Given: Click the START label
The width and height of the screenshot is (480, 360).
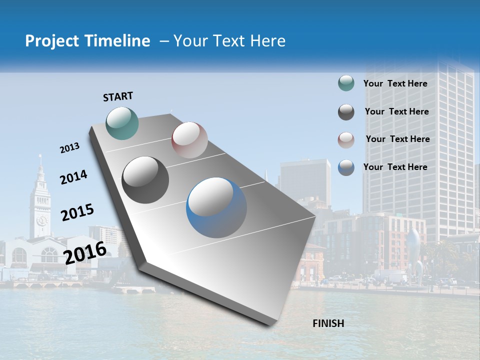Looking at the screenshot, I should click(x=118, y=96).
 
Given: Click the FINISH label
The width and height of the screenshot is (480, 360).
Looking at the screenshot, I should click(x=328, y=323).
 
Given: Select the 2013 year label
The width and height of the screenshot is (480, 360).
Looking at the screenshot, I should click(x=69, y=148).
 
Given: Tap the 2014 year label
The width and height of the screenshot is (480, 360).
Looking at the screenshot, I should click(x=73, y=177).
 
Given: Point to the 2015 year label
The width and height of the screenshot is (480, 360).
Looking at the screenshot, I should click(x=77, y=212).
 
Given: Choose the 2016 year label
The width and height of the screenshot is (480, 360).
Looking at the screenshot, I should click(x=85, y=253).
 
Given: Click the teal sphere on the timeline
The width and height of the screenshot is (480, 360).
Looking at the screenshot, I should click(x=122, y=123).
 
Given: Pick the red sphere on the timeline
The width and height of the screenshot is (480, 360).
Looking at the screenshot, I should click(x=189, y=140).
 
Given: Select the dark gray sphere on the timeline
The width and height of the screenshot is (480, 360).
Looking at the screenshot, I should click(x=145, y=180).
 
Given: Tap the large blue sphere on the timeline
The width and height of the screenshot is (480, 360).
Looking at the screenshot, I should click(x=216, y=207).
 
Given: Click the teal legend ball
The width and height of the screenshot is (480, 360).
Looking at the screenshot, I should click(x=346, y=83).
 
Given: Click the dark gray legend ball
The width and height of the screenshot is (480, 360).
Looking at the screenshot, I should click(x=346, y=112).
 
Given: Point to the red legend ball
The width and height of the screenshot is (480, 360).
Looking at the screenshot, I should click(x=346, y=139).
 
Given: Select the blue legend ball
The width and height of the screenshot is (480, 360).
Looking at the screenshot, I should click(x=346, y=167).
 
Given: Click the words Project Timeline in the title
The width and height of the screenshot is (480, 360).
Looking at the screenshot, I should click(x=87, y=41).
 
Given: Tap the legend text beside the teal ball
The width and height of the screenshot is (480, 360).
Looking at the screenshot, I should click(x=395, y=83).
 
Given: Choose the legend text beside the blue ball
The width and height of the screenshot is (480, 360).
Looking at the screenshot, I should click(x=395, y=167).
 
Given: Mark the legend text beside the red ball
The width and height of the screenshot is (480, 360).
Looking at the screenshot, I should click(x=397, y=139).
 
